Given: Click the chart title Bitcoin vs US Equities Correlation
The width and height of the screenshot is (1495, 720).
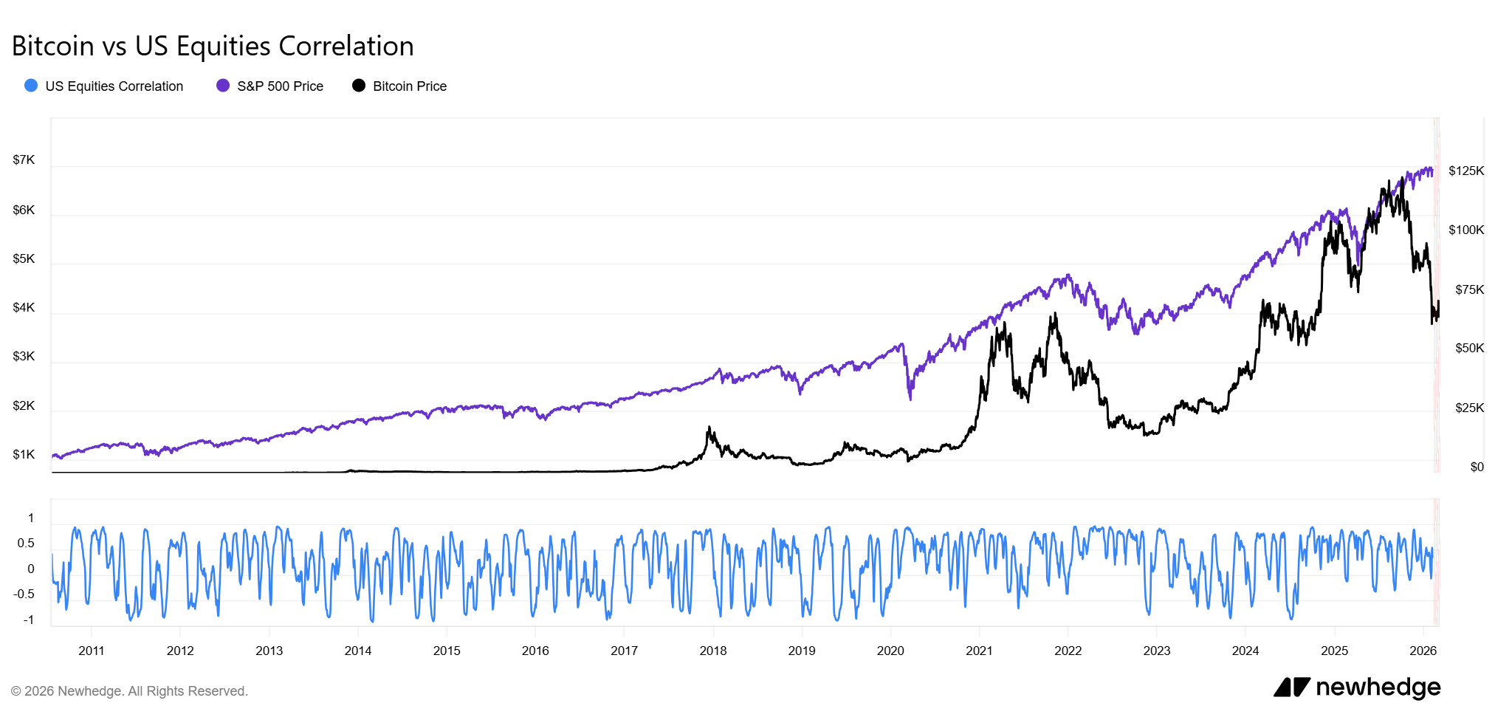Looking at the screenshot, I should click(x=213, y=46).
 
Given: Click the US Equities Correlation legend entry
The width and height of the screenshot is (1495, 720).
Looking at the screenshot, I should click(x=114, y=86).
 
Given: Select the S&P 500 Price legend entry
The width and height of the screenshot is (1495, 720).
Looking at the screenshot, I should click(x=280, y=86).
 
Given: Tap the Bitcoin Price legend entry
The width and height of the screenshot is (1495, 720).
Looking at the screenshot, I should click(x=409, y=86).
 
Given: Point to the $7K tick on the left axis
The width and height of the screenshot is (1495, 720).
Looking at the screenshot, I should click(x=24, y=160).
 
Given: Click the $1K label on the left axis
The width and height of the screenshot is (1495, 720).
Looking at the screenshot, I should click(x=24, y=455).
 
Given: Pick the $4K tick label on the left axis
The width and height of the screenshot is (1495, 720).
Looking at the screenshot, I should click(x=24, y=308).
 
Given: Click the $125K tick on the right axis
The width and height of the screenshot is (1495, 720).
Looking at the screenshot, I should click(x=1465, y=171).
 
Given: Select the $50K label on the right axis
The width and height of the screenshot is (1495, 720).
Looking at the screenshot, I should click(x=1469, y=349).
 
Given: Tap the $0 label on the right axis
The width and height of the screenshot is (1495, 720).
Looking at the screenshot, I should click(x=1477, y=467).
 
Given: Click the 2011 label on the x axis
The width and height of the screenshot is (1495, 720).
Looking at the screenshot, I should click(x=92, y=651).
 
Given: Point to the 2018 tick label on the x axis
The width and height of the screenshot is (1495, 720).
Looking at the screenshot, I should click(x=713, y=651).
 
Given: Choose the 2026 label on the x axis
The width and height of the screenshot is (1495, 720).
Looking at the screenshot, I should click(x=1423, y=651).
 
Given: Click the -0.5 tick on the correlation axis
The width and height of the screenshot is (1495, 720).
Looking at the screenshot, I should click(x=24, y=594).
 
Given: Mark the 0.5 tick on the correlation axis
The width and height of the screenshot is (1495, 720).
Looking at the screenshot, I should click(x=26, y=544).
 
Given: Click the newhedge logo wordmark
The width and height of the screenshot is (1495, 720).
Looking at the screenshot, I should click(x=1377, y=688).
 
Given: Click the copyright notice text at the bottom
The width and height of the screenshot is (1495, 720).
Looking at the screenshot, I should click(x=130, y=691).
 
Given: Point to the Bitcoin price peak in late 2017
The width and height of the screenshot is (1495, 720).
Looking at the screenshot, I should click(x=709, y=428).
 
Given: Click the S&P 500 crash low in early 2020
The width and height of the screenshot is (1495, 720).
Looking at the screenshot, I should click(x=910, y=399).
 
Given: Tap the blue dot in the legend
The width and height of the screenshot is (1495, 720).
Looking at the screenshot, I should click(x=31, y=86).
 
